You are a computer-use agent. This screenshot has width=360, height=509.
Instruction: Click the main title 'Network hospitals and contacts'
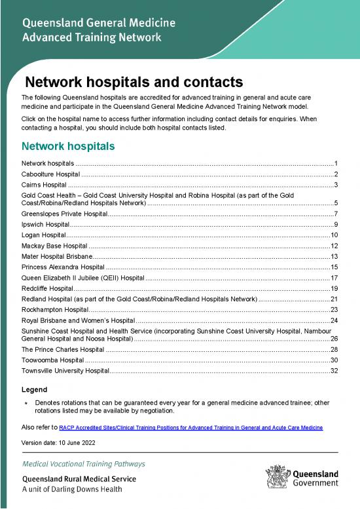(134, 83)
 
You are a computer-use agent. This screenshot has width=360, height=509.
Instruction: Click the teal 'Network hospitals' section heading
(69, 145)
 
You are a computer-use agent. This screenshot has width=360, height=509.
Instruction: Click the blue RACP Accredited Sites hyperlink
(190, 427)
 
